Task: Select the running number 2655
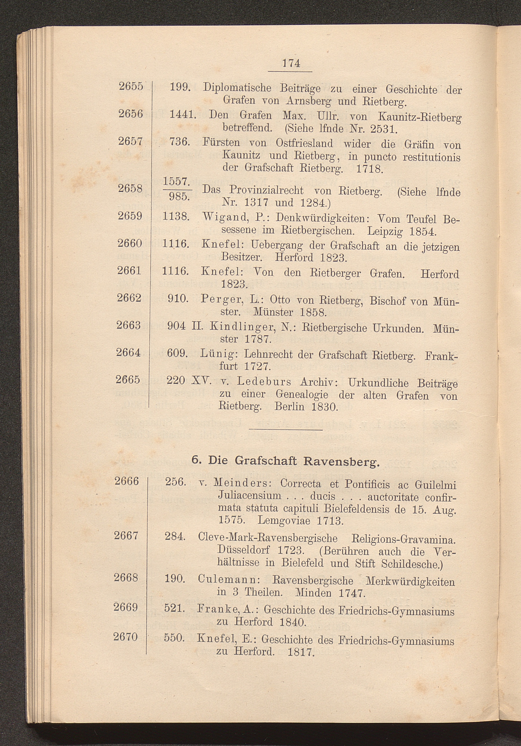coord(131,87)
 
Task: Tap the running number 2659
coord(130,216)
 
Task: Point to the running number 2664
coord(129,352)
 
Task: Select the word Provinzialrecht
coord(266,190)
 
